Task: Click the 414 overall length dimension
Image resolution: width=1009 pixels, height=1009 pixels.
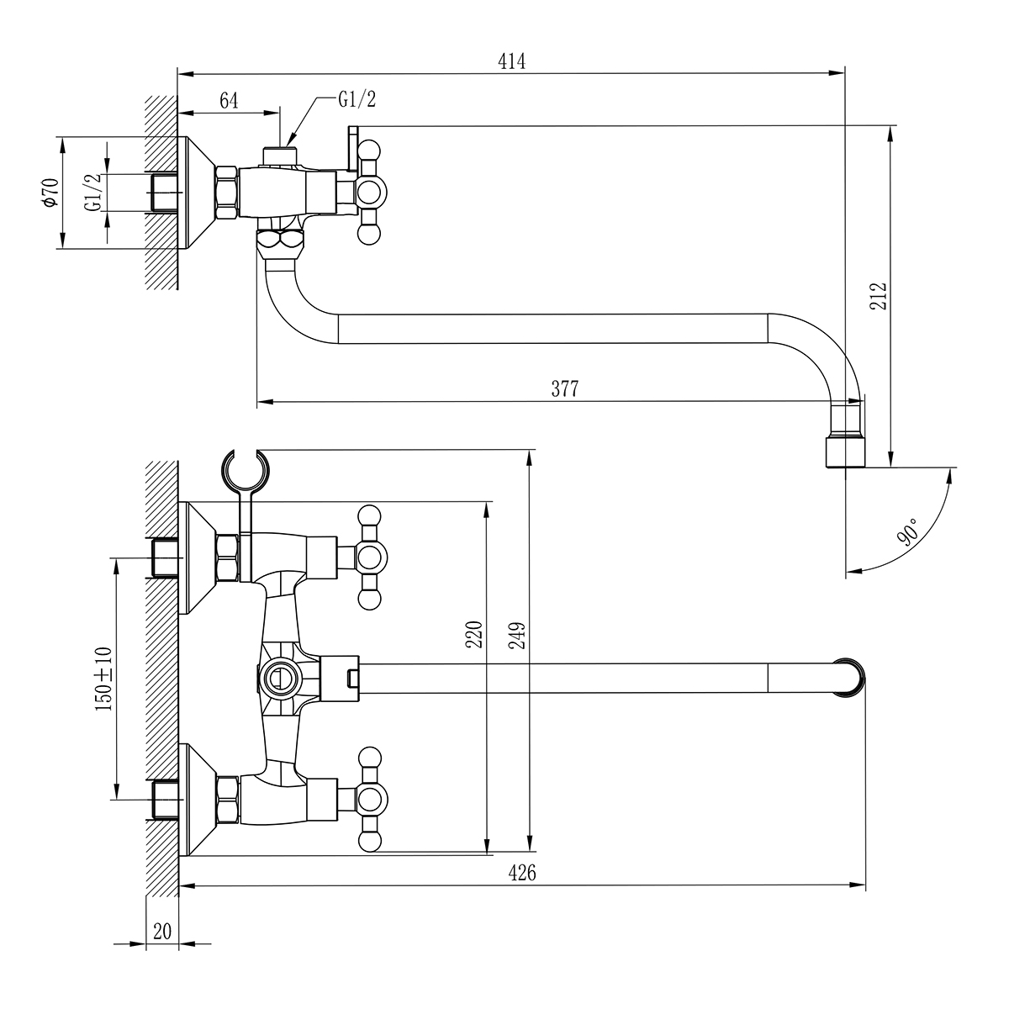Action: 511,61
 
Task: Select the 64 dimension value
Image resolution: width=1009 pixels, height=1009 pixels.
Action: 229,101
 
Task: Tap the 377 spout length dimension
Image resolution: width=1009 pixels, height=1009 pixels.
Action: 566,388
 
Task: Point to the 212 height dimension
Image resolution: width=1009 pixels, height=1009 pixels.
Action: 879,297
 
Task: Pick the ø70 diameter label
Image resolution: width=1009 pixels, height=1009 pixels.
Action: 50,193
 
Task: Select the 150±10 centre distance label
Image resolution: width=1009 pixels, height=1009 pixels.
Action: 103,679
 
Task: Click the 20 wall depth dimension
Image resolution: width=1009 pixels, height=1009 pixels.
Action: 162,932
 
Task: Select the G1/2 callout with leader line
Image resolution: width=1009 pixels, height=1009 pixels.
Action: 357,100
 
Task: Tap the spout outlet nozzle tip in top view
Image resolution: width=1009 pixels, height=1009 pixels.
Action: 844,450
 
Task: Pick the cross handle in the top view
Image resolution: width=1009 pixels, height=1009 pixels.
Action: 369,193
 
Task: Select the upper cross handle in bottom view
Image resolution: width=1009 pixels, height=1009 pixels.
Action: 369,556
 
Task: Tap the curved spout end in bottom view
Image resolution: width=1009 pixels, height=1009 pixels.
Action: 850,677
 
